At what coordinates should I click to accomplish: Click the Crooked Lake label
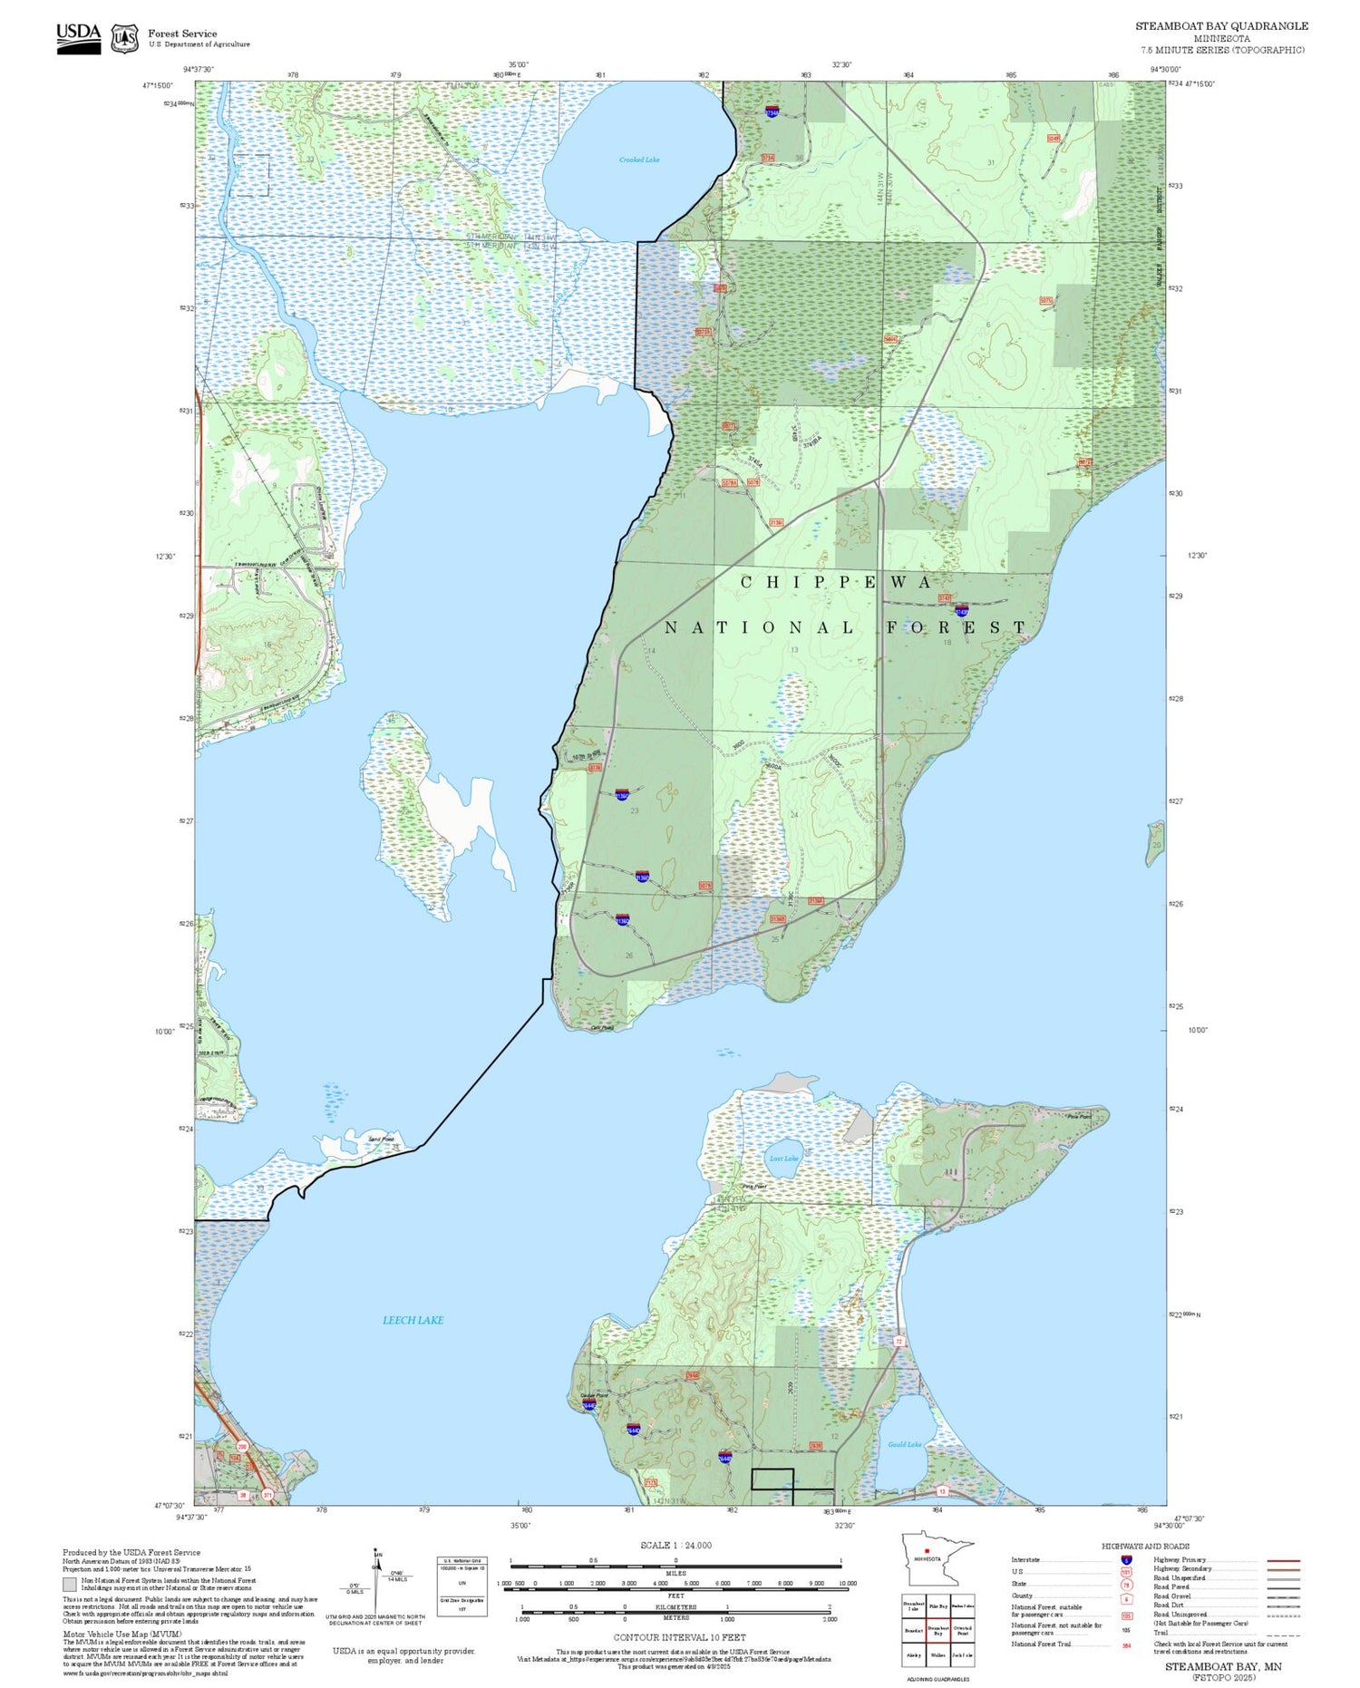639,160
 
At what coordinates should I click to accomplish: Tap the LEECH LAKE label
413,1320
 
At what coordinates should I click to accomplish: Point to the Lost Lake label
783,1159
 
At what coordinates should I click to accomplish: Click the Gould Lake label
904,1444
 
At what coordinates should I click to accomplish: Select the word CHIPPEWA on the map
835,582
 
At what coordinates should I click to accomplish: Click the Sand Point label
381,1139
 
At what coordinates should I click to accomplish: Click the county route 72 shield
899,1341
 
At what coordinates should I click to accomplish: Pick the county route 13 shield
942,1490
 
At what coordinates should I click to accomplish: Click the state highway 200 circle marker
242,1446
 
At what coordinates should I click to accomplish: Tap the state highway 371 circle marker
267,1495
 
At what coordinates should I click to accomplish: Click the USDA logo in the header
79,37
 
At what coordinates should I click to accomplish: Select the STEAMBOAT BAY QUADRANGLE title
1221,26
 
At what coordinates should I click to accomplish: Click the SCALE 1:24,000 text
675,1545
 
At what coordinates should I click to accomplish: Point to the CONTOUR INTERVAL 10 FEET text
679,1637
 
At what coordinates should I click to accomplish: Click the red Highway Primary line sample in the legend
1280,1560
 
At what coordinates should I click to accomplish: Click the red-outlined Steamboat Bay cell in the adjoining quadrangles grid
937,1629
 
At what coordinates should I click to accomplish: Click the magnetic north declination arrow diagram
377,1583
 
